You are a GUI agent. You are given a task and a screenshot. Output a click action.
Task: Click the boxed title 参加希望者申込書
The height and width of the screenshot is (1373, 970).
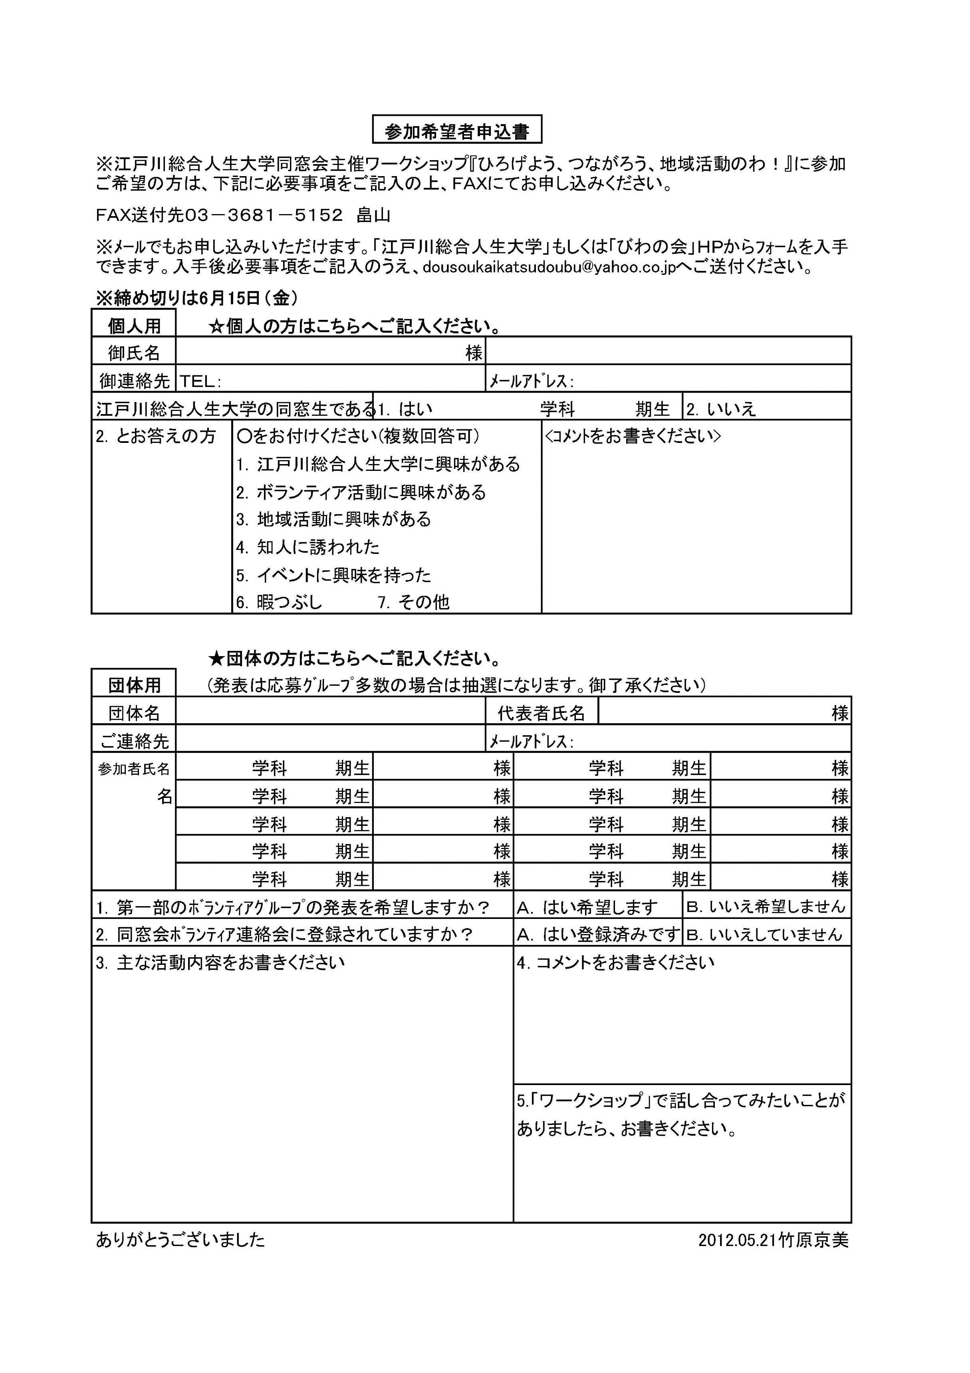(457, 130)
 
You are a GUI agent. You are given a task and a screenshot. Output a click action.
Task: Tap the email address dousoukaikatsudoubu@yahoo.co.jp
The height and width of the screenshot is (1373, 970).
(549, 267)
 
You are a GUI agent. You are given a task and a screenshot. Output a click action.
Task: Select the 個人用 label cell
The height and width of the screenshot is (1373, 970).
(134, 325)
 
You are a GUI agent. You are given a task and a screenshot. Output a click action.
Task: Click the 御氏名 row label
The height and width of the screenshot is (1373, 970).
(134, 352)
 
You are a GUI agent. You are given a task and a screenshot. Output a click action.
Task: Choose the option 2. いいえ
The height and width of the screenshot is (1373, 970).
(721, 409)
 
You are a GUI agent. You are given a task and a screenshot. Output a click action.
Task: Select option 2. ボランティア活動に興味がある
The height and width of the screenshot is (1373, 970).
(361, 492)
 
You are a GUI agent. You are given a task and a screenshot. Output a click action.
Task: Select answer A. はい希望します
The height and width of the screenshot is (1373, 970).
(587, 908)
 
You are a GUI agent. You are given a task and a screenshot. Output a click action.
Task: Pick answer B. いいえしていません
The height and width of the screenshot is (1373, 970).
(764, 934)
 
